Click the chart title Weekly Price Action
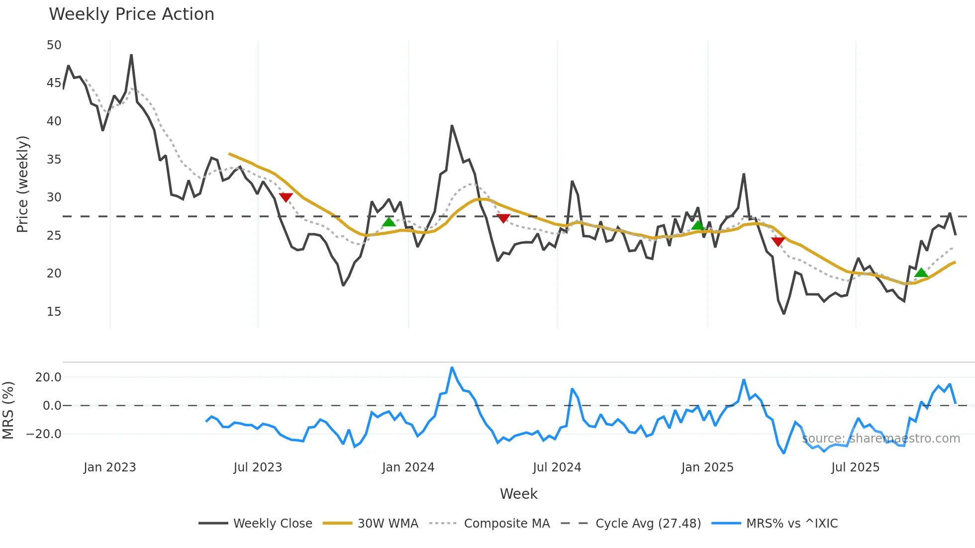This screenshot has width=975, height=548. tap(131, 14)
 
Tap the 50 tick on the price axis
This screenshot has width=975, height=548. tap(54, 45)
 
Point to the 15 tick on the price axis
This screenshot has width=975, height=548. tap(54, 312)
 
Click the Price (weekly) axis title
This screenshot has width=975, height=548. tap(22, 184)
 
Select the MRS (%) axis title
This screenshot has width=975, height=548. tap(8, 410)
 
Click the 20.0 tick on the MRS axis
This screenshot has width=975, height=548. tap(48, 377)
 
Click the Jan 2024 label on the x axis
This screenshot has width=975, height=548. tap(408, 467)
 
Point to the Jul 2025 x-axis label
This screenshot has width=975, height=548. tap(855, 467)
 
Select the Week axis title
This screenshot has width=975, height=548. tap(518, 494)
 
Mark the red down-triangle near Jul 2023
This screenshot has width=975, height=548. tap(286, 197)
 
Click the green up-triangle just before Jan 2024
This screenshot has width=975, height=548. tap(389, 222)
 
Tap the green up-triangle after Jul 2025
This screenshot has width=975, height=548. tap(921, 273)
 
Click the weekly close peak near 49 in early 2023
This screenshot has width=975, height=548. tap(131, 55)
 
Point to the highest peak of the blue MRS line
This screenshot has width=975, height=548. tap(452, 368)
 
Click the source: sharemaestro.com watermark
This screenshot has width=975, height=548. tap(880, 439)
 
